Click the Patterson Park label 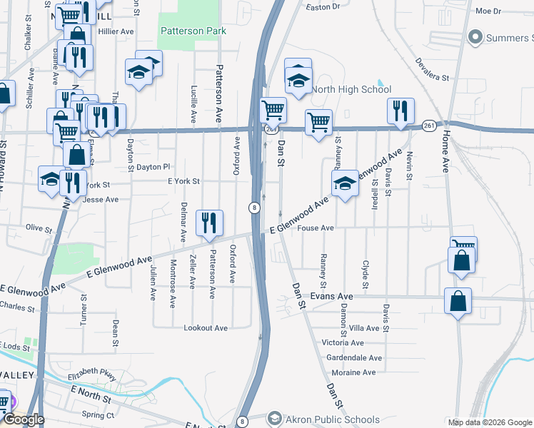click(193, 31)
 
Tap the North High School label click(351, 89)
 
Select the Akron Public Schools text click(322, 419)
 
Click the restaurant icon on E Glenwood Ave click(209, 223)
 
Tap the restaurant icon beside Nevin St click(400, 111)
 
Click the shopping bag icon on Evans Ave click(458, 301)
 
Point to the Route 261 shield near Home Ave click(428, 125)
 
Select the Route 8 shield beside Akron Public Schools click(243, 422)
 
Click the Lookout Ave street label click(206, 328)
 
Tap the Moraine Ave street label click(351, 372)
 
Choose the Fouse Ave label click(316, 228)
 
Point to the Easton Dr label click(323, 6)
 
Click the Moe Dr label click(488, 11)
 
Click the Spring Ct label click(98, 414)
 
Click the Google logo click(23, 419)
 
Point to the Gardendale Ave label click(354, 357)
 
